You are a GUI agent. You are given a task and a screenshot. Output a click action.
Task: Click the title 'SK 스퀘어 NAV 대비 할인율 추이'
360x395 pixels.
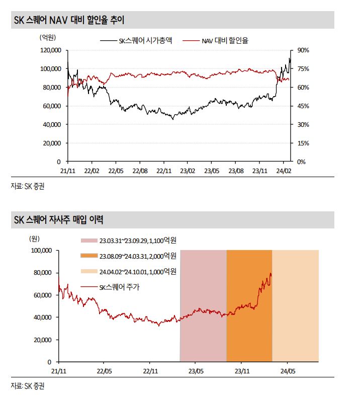pos(69,20)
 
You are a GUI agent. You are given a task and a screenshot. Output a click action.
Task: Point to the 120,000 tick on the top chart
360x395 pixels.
pos(51,50)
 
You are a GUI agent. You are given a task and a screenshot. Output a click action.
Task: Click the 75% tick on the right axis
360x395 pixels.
pos(303,69)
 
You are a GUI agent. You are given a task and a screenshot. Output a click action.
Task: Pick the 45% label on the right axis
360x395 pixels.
pos(303,106)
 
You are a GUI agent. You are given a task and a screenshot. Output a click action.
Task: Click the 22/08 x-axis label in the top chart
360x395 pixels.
pos(140,171)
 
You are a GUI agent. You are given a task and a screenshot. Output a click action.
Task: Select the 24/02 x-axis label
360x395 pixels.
pos(284,171)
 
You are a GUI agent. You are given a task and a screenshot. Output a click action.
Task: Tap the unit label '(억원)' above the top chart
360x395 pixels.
pos(48,38)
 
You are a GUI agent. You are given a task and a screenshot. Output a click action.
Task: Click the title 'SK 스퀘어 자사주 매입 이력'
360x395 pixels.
pos(58,220)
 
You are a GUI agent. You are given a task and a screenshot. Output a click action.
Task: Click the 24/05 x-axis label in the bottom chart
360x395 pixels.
pos(288,371)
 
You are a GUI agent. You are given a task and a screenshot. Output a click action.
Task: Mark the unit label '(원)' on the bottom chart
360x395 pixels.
pos(35,239)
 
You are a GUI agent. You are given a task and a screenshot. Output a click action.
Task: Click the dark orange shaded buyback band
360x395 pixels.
pos(249,340)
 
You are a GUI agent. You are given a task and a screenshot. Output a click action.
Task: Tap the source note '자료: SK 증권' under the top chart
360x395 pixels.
pos(28,186)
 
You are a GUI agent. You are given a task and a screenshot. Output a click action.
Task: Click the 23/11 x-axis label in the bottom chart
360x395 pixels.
pos(242,371)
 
